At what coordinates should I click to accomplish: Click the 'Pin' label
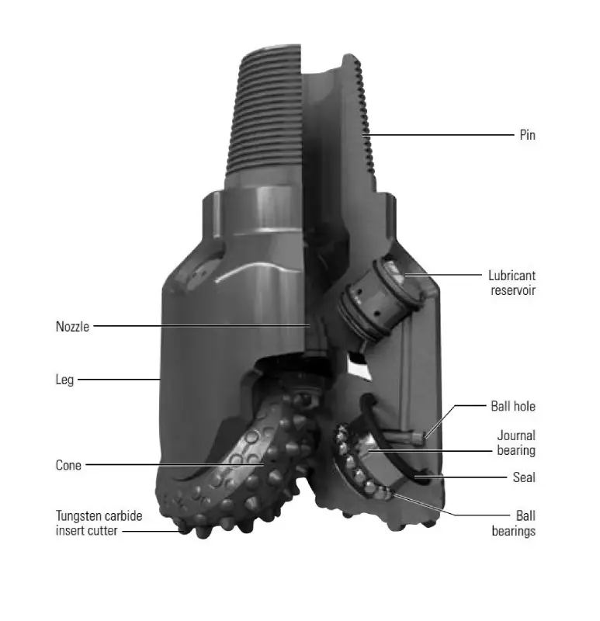(527, 135)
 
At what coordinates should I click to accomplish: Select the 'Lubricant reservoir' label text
(512, 283)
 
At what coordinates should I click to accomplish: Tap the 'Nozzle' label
(72, 327)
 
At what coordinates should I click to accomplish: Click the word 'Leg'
(64, 380)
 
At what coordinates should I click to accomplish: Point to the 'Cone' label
(68, 465)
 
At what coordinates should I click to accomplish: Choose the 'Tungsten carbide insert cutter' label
(99, 523)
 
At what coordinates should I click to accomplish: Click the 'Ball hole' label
(513, 406)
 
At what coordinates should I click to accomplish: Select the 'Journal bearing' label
(516, 442)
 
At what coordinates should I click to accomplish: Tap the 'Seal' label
(524, 477)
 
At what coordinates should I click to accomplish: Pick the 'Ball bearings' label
(514, 523)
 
